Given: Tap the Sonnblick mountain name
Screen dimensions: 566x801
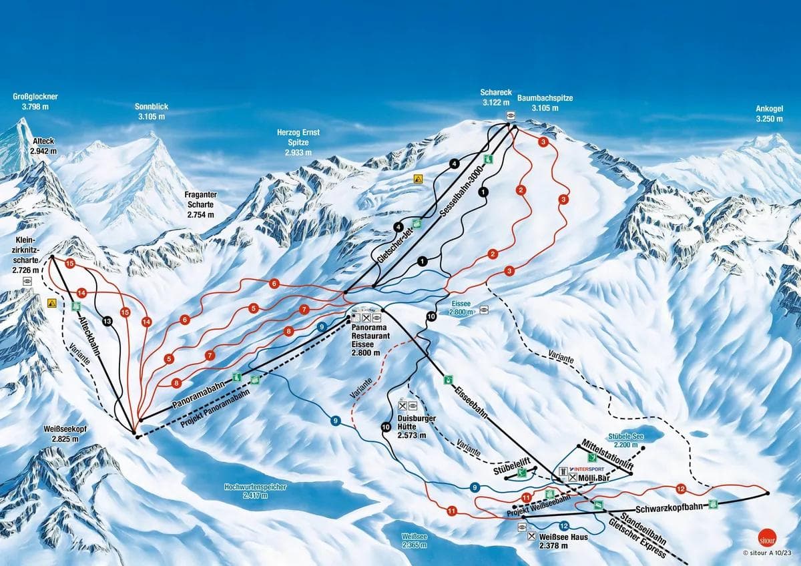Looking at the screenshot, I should (152, 111).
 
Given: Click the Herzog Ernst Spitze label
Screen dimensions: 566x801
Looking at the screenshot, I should (298, 142).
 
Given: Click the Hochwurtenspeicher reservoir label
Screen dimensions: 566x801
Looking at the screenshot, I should (256, 491).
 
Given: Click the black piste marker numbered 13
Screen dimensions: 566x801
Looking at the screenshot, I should (107, 322).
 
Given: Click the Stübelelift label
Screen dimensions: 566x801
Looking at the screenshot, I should (511, 461).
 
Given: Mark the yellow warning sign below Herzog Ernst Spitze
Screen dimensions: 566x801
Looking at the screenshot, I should (419, 179).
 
